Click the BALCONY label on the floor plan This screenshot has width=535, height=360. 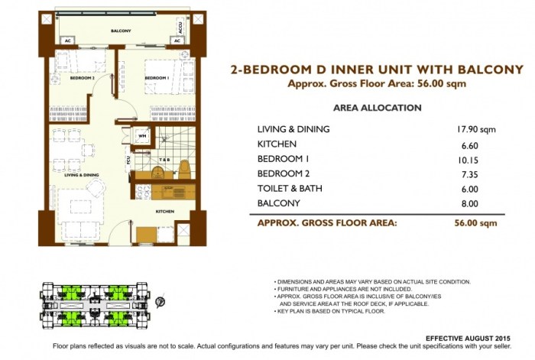tap(120, 31)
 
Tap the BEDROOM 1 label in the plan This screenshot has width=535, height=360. tap(157, 78)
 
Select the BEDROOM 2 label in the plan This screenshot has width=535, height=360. tap(82, 78)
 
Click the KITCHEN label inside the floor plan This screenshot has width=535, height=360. tap(165, 211)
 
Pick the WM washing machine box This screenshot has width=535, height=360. tap(142, 136)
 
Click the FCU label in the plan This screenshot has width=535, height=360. tap(128, 161)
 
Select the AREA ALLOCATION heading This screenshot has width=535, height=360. tap(378, 108)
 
